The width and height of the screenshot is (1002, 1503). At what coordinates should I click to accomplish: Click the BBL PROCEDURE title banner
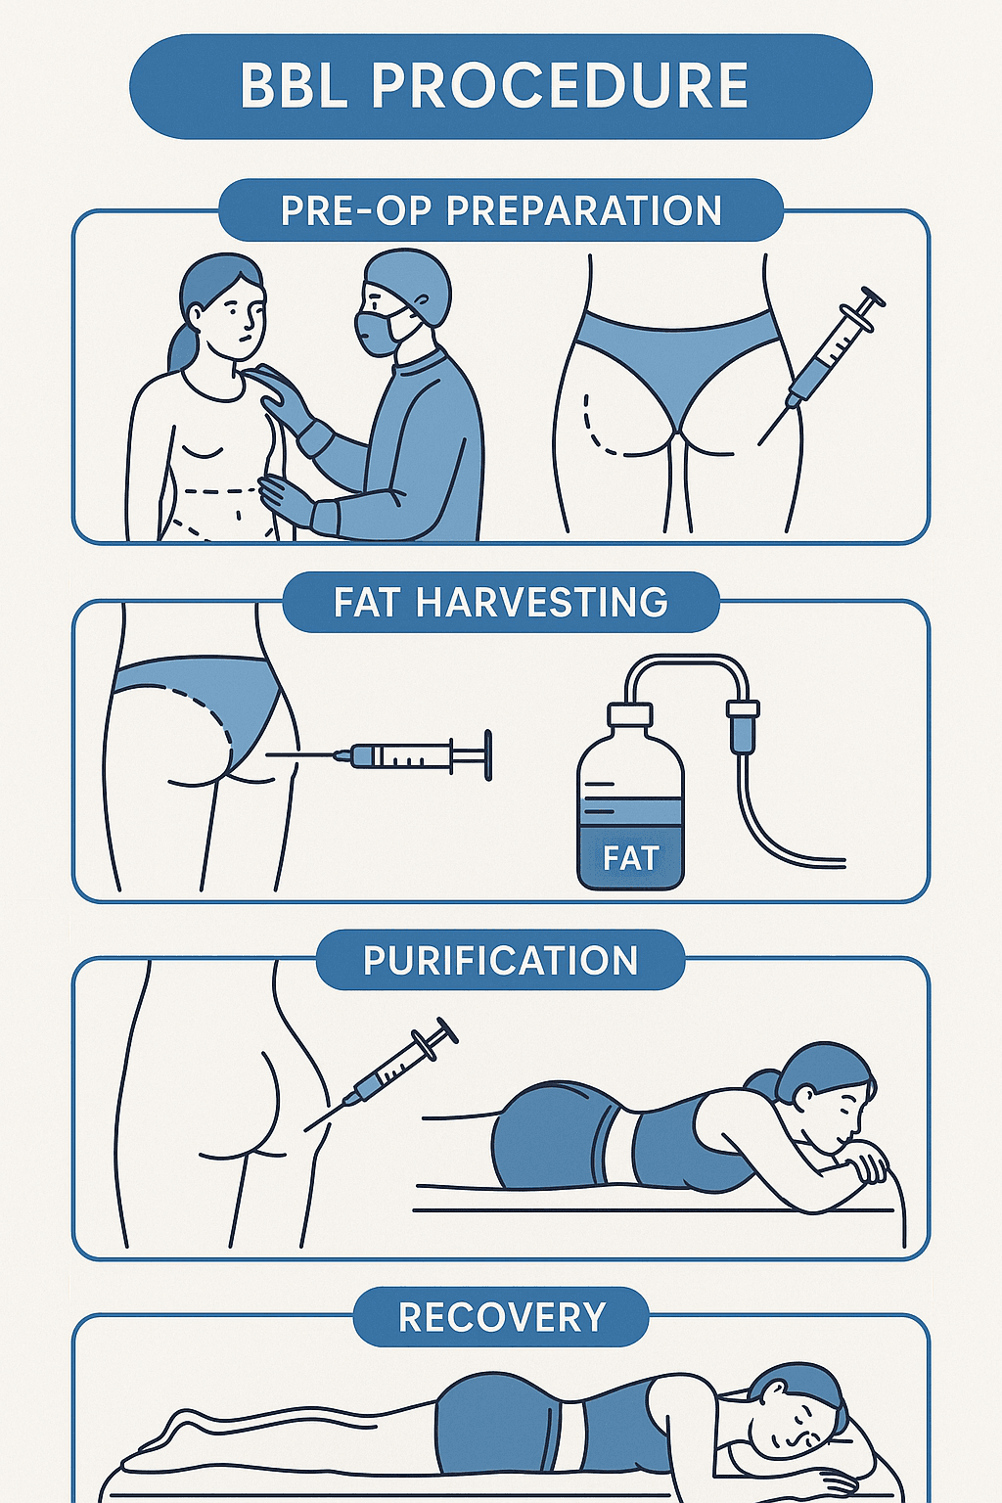tap(501, 86)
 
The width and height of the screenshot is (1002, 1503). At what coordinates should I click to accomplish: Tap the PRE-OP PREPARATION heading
tap(501, 210)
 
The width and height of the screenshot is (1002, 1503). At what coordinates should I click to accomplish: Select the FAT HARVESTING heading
tap(501, 602)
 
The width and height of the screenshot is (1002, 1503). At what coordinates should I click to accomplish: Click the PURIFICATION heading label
tap(501, 960)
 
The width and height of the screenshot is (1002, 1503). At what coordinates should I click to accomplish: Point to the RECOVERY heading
tap(501, 1316)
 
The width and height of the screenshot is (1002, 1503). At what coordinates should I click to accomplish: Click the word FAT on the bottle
tap(630, 858)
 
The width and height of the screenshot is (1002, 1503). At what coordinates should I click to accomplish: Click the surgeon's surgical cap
tap(407, 280)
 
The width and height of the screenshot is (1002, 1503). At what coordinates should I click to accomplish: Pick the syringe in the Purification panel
tap(382, 1073)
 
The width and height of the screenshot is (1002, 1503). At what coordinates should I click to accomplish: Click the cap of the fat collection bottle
tap(629, 715)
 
